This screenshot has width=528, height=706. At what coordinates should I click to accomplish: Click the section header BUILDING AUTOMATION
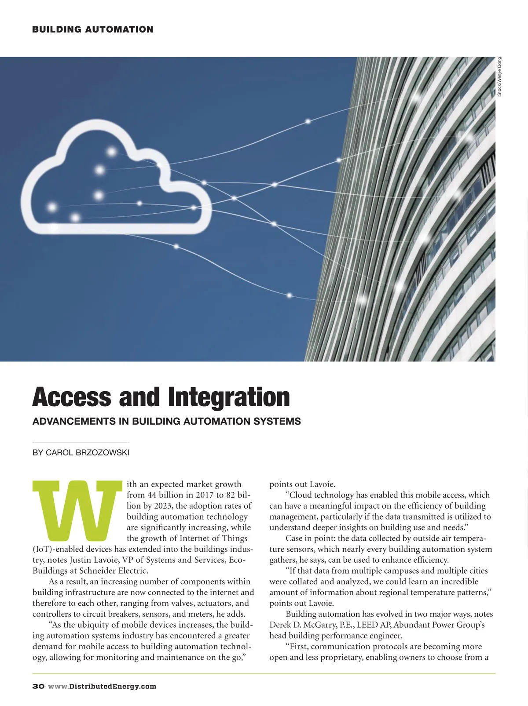[x=93, y=29]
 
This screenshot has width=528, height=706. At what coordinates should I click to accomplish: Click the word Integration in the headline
[x=229, y=397]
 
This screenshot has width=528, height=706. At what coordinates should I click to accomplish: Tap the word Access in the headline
[x=72, y=397]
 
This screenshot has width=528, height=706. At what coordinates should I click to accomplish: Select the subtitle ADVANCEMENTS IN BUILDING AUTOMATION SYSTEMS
[x=167, y=421]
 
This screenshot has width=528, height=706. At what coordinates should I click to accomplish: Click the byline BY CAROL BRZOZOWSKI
[x=81, y=453]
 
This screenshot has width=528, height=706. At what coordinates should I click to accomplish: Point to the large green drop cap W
[x=77, y=511]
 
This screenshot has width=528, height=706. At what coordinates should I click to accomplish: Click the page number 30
[x=38, y=686]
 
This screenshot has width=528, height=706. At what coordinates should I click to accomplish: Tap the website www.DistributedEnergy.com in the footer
[x=102, y=686]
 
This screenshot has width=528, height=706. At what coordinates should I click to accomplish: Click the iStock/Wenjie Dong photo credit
[x=499, y=77]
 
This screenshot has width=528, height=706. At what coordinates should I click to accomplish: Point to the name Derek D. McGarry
[x=304, y=625]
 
